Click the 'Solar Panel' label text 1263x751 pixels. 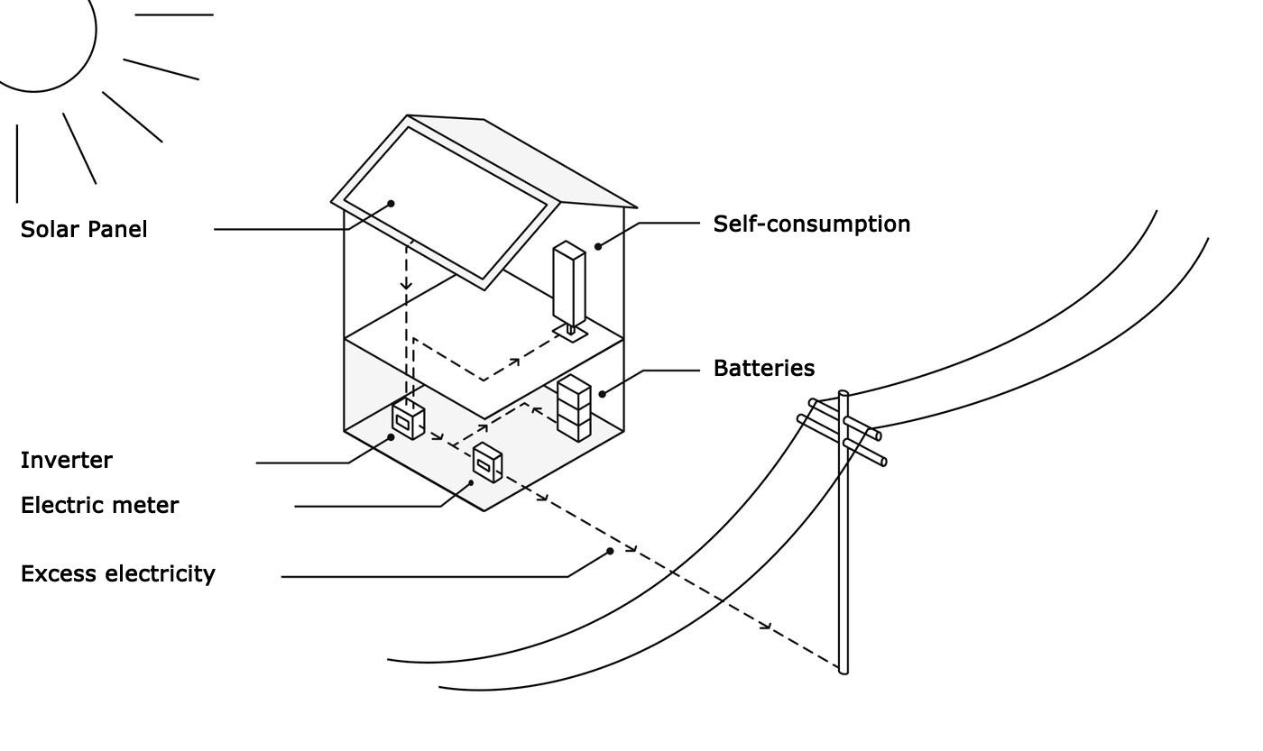click(x=84, y=229)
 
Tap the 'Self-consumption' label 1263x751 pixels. click(x=811, y=224)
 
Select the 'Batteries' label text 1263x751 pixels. click(x=763, y=368)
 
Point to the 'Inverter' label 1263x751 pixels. click(x=67, y=460)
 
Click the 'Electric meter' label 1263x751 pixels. click(x=99, y=505)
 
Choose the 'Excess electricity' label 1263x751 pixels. click(x=117, y=573)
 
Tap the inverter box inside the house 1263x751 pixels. click(x=408, y=420)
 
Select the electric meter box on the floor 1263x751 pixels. click(x=487, y=463)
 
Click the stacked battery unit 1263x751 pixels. click(x=574, y=408)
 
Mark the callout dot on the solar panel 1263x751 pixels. click(x=392, y=204)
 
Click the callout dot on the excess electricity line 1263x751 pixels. click(x=611, y=551)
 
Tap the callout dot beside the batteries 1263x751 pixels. click(x=602, y=393)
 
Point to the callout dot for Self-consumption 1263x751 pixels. click(x=597, y=246)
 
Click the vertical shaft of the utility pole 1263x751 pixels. click(x=844, y=541)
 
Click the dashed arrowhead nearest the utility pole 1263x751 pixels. click(x=767, y=626)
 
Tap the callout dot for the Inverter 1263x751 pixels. click(x=392, y=437)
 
